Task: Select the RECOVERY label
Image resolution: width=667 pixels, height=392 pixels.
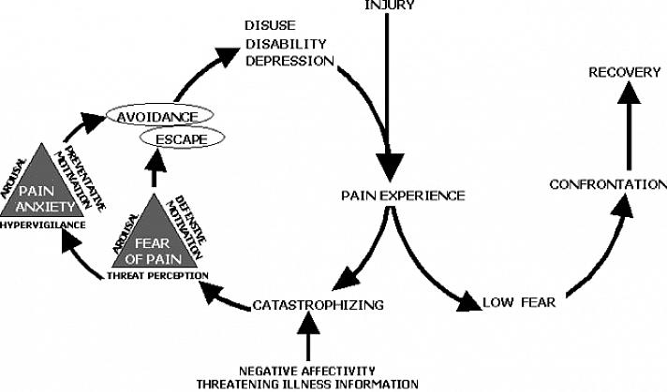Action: (620, 72)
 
